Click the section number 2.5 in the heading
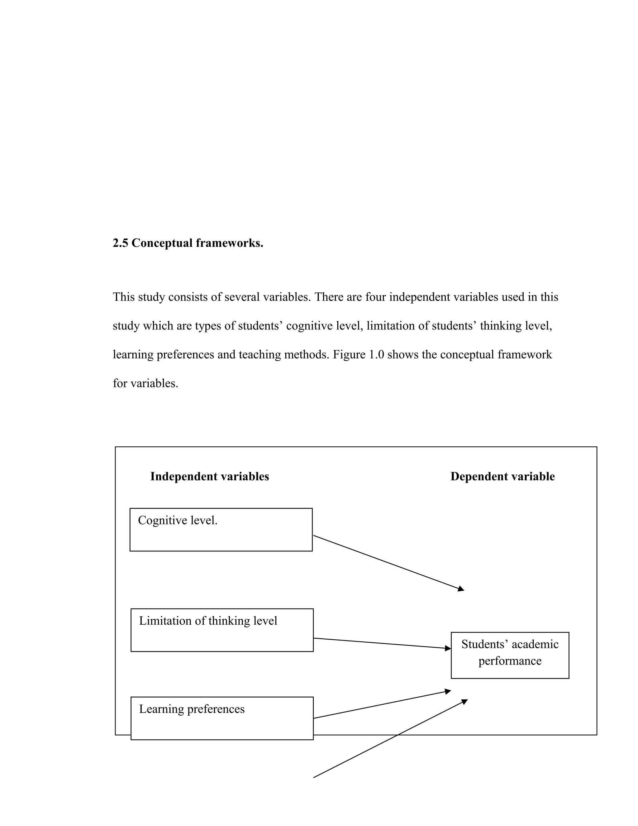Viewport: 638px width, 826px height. tap(120, 243)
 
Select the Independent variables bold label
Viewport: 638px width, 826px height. tap(209, 477)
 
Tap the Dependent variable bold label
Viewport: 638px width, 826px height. tap(502, 477)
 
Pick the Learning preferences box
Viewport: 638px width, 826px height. tap(222, 718)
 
